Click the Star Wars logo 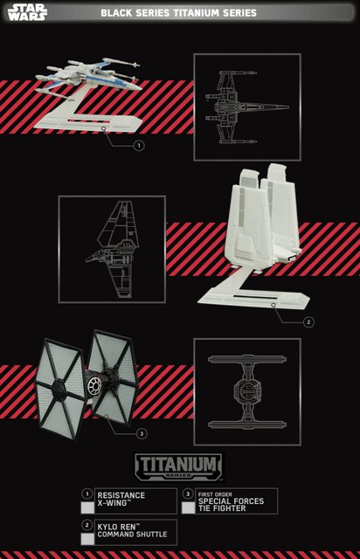27,12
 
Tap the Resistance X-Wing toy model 88,77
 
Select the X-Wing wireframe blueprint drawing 247,107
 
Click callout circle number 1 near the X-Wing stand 139,146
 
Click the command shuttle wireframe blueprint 111,249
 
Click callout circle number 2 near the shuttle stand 308,322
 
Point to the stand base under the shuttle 253,293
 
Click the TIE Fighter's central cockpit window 93,386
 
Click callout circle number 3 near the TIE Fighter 142,433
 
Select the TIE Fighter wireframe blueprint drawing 247,392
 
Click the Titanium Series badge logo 178,466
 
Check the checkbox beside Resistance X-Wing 87,507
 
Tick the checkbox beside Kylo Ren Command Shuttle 87,539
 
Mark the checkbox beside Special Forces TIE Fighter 188,507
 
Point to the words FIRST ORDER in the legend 215,494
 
